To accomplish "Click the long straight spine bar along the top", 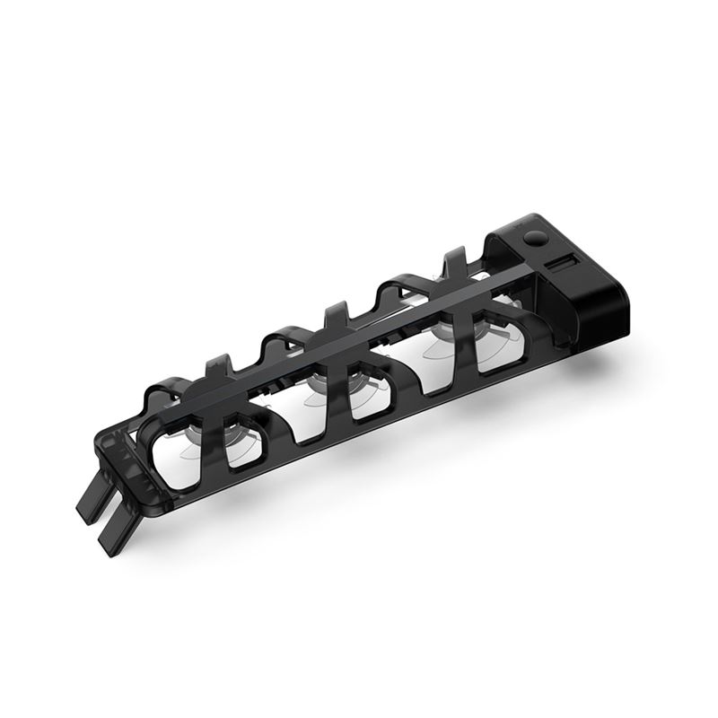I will pyautogui.click(x=359, y=346).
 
